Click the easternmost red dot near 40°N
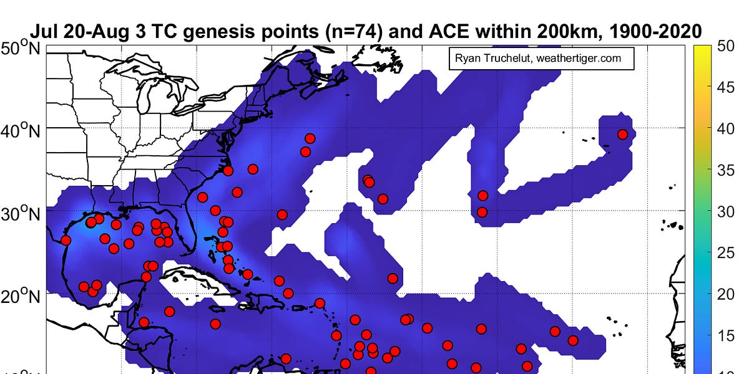click(622, 134)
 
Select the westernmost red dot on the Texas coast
click(66, 240)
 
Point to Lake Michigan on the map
click(144, 93)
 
